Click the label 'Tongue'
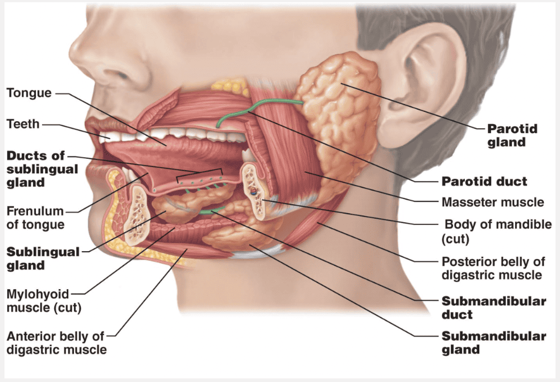[29, 93]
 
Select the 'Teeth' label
[23, 124]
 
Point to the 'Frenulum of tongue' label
[35, 218]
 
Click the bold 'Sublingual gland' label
[43, 258]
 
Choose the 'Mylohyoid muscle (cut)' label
[37, 300]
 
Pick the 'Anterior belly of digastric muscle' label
[55, 343]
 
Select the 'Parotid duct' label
[484, 182]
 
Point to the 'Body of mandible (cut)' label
[497, 232]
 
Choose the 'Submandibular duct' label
[493, 308]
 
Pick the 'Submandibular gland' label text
[493, 343]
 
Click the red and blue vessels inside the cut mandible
[253, 191]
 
